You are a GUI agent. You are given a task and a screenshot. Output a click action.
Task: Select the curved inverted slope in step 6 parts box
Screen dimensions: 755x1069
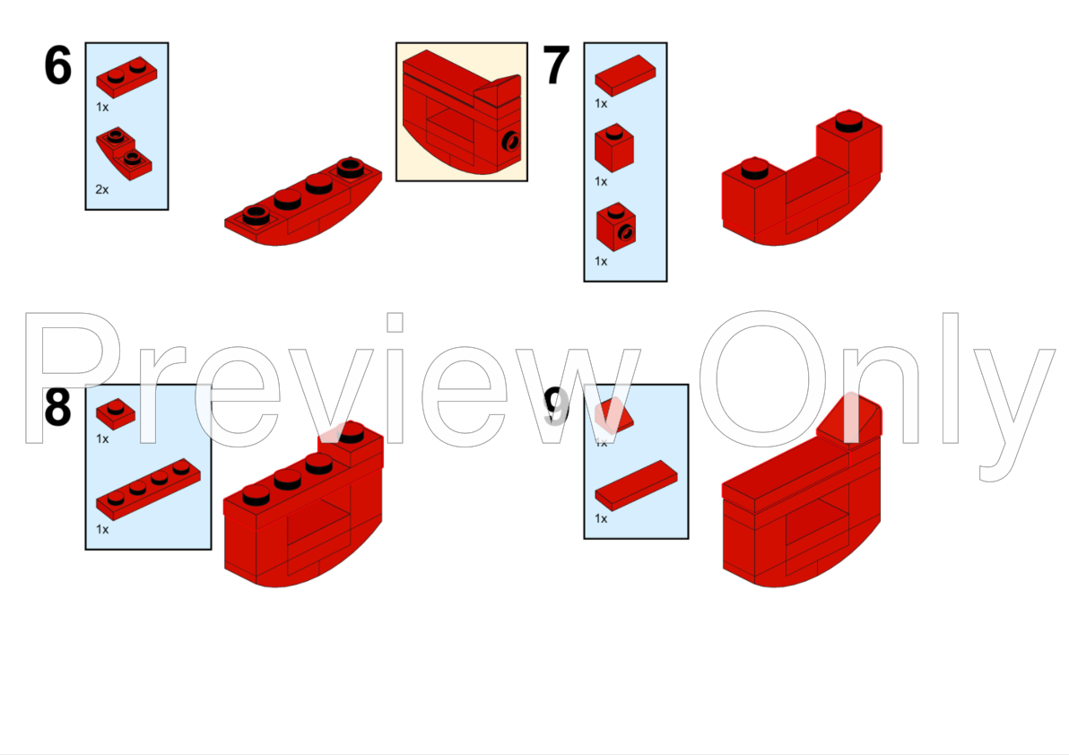124,152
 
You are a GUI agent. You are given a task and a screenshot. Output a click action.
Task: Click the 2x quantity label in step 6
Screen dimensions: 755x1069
102,189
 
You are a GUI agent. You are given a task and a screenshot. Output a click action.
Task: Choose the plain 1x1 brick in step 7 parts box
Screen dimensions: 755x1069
614,147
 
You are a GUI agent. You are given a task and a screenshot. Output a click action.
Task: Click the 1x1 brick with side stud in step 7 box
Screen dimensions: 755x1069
616,228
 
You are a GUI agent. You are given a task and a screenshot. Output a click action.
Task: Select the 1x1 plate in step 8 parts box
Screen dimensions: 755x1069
116,413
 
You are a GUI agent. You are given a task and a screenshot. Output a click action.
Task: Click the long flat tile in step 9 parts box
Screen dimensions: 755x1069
636,485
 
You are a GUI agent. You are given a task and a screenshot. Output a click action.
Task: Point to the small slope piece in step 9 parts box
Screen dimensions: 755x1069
614,413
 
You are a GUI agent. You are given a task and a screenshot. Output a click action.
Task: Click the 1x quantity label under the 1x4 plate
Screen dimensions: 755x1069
102,529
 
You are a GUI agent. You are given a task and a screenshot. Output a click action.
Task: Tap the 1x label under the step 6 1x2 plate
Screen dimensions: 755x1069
102,106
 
